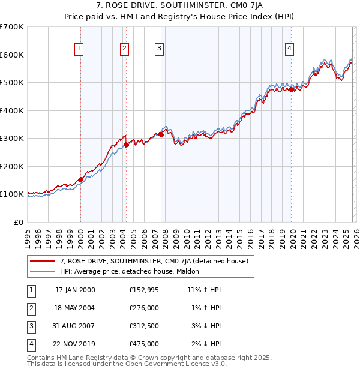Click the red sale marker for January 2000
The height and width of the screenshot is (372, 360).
pos(80,179)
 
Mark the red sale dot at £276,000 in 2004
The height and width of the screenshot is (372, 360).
pos(127,145)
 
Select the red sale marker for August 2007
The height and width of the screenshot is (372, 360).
pos(161,135)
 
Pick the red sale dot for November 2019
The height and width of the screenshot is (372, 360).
pos(292,89)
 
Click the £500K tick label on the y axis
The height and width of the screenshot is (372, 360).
pos(12,83)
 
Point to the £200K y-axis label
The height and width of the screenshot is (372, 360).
pos(12,166)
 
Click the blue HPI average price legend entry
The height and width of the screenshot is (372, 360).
pos(133,272)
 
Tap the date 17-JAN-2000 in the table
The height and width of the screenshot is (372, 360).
pos(75,290)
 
